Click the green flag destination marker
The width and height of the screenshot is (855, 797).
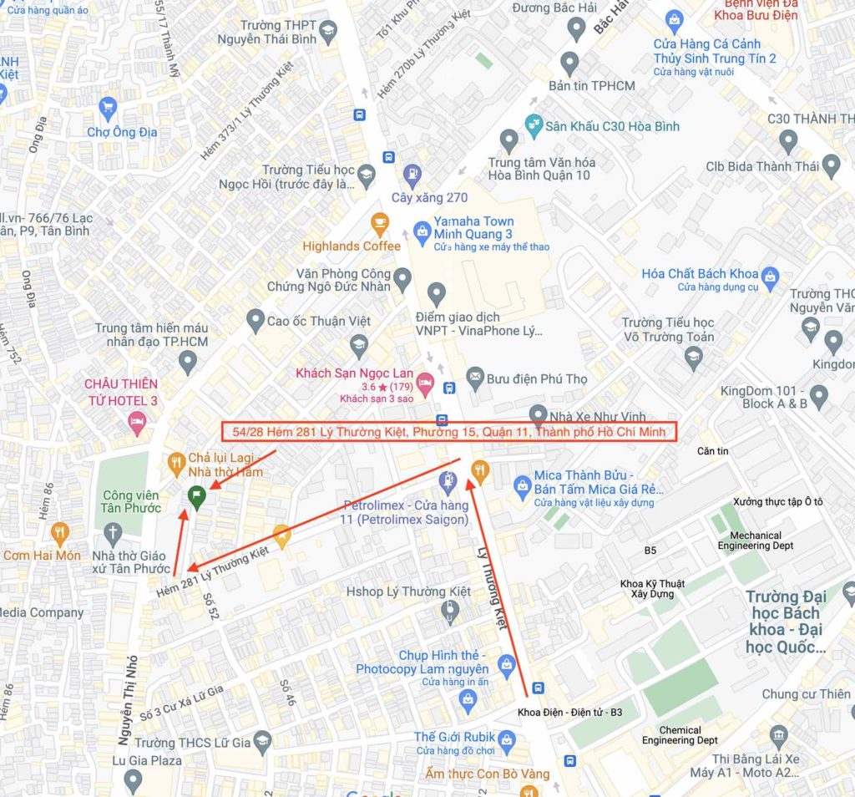click(196, 497)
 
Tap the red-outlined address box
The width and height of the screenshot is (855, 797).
click(449, 432)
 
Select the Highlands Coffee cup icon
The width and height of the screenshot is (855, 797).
click(380, 223)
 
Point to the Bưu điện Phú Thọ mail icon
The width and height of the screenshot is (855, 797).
click(476, 378)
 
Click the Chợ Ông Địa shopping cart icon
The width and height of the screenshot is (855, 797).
click(107, 108)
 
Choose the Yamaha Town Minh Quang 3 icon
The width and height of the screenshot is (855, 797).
click(422, 228)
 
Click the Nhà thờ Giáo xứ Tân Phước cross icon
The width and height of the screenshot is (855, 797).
click(113, 531)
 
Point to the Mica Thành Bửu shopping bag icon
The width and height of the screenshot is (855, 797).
click(523, 483)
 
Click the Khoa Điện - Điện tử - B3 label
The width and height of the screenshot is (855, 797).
click(569, 712)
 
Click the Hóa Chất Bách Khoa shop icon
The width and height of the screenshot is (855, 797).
click(770, 274)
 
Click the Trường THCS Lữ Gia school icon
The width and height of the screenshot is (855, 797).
click(262, 742)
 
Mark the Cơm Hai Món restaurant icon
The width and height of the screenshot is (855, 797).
click(59, 531)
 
